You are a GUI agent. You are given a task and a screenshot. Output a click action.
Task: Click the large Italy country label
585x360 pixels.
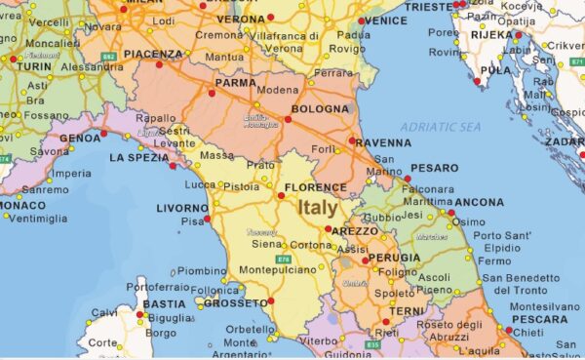(x=319, y=208)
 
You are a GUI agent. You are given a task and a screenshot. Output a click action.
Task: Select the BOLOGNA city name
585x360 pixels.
(x=319, y=108)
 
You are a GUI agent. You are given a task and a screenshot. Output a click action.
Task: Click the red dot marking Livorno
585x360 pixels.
(x=208, y=220)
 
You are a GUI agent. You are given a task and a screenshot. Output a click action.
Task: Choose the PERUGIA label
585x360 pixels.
(x=394, y=258)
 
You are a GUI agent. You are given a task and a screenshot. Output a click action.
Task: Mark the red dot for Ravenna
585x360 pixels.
(x=352, y=140)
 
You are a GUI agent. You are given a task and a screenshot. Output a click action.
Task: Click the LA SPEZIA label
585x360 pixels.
(x=139, y=157)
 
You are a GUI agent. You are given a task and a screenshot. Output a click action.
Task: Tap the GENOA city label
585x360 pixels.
(x=80, y=138)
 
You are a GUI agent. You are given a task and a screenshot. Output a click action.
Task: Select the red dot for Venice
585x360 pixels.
(x=361, y=20)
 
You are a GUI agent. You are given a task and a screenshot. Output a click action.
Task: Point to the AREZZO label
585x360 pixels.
(x=354, y=230)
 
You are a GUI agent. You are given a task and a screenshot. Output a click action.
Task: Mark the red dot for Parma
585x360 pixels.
(x=214, y=95)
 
